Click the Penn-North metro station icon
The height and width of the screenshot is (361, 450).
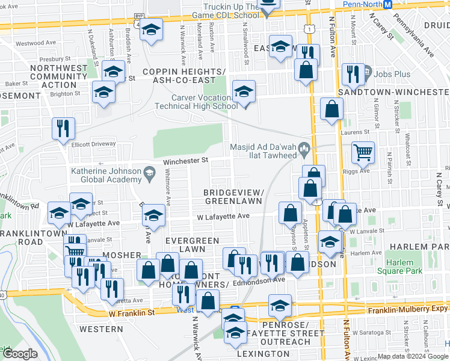(x=388, y=5)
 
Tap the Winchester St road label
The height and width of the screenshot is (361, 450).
(x=185, y=161)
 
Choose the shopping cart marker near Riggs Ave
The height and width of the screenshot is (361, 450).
(x=363, y=152)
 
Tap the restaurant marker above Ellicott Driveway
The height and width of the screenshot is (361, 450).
(x=63, y=128)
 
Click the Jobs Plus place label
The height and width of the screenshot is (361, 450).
(x=392, y=74)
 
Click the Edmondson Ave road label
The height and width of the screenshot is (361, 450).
(x=260, y=280)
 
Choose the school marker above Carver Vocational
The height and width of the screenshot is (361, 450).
(x=243, y=91)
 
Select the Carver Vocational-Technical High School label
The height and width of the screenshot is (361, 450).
(x=196, y=102)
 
